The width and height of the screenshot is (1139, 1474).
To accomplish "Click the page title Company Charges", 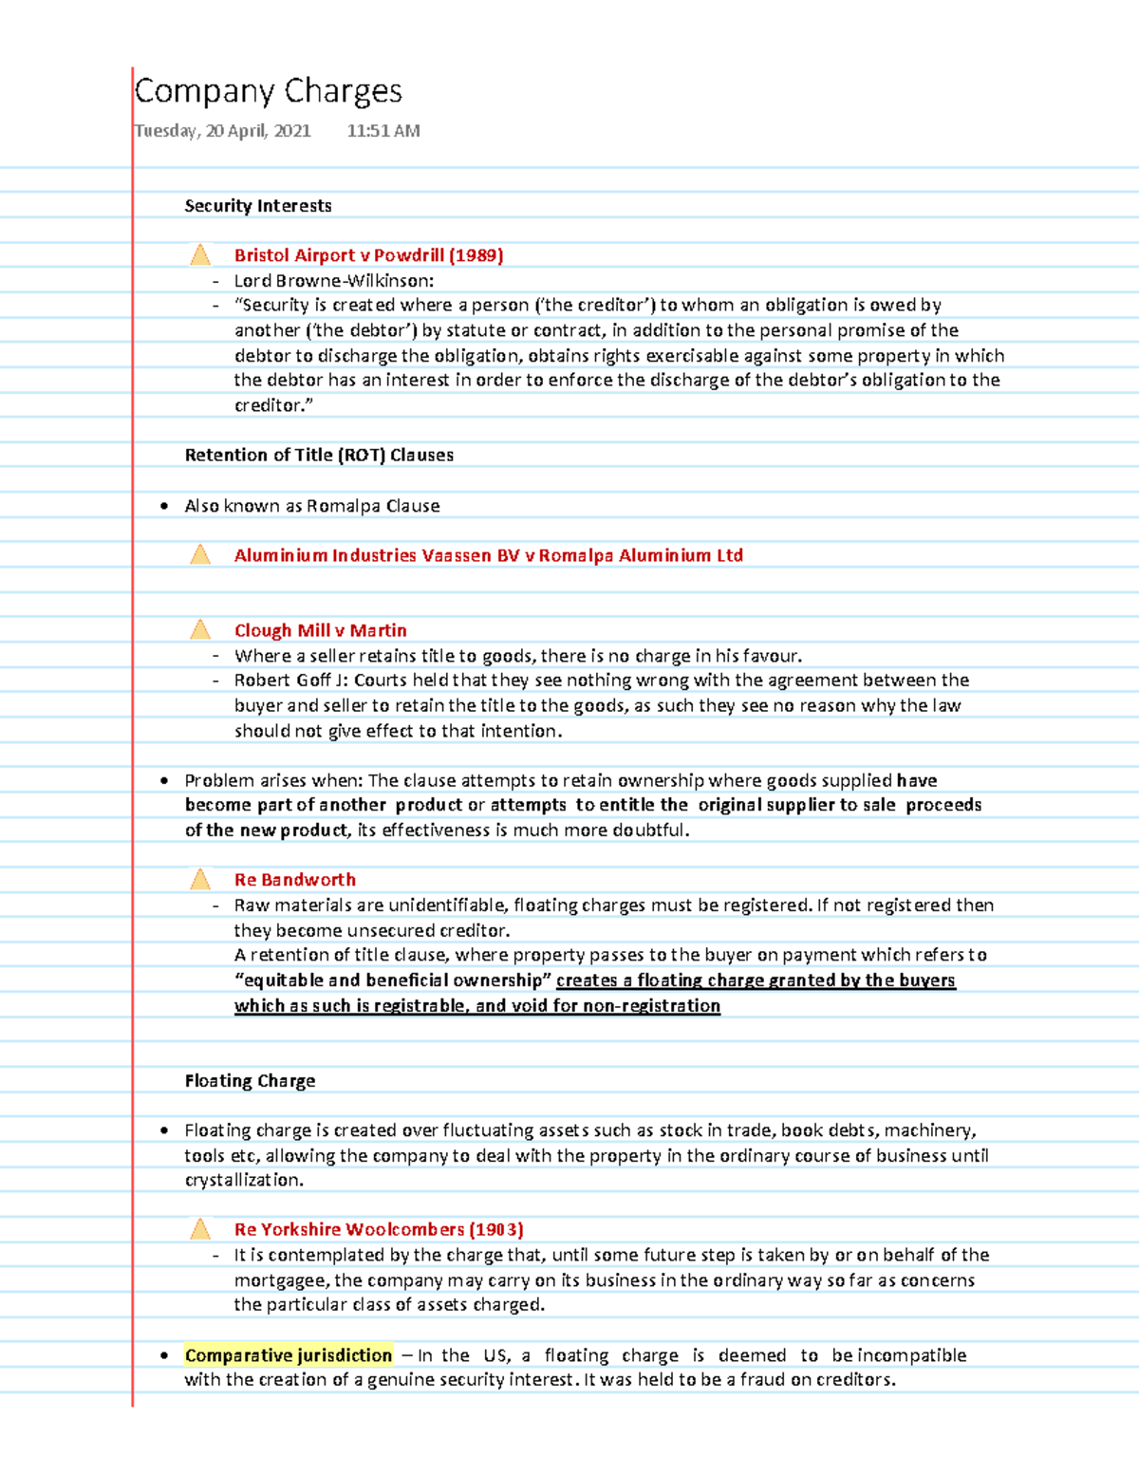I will pyautogui.click(x=268, y=92).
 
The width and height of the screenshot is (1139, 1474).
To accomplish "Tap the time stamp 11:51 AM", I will pyautogui.click(x=383, y=131).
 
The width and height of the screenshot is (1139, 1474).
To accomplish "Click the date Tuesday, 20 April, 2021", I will pyautogui.click(x=223, y=131).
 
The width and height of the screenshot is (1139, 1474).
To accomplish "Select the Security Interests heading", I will pyautogui.click(x=257, y=206).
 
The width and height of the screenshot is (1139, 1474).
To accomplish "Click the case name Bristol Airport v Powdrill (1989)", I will pyautogui.click(x=368, y=255).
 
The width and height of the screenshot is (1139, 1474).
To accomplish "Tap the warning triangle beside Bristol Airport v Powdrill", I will pyautogui.click(x=200, y=255).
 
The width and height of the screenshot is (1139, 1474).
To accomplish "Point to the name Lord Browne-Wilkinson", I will pyautogui.click(x=333, y=281).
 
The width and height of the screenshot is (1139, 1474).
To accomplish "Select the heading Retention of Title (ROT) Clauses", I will pyautogui.click(x=319, y=455).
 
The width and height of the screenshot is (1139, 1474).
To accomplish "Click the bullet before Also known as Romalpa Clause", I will pyautogui.click(x=164, y=507).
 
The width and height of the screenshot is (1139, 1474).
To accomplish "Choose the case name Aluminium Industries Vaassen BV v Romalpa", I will pyautogui.click(x=488, y=555).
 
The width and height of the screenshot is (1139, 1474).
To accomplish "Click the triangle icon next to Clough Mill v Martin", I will pyautogui.click(x=200, y=630).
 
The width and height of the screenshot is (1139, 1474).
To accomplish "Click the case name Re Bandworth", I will pyautogui.click(x=294, y=880).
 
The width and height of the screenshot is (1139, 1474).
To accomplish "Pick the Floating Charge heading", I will pyautogui.click(x=250, y=1081).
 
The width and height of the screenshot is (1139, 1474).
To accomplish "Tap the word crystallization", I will pyautogui.click(x=242, y=1181).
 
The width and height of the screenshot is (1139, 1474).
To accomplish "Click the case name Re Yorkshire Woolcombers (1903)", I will pyautogui.click(x=379, y=1230).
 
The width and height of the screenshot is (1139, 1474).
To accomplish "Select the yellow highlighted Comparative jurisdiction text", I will pyautogui.click(x=288, y=1355).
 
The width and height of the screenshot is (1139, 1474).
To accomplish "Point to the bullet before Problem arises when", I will pyautogui.click(x=164, y=781).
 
